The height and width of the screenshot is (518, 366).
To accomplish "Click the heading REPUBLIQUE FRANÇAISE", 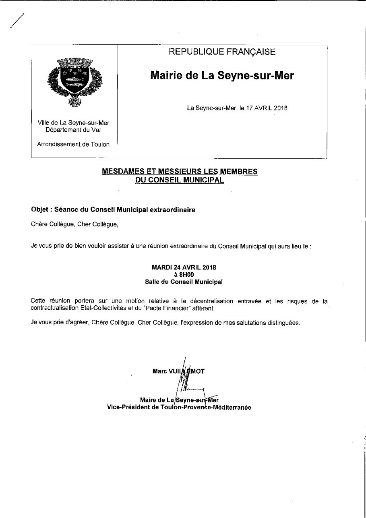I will [222, 52].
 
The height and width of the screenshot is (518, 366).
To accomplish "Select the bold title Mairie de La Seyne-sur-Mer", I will [222, 75].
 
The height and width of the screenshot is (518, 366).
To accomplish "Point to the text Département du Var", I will [73, 130].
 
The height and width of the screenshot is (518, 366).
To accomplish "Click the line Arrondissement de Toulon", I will [73, 144].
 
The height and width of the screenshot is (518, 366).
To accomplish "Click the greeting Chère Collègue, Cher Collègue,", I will [74, 224].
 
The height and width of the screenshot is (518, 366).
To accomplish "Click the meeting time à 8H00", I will [184, 275].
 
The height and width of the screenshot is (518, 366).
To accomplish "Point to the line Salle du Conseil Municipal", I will [184, 282].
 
